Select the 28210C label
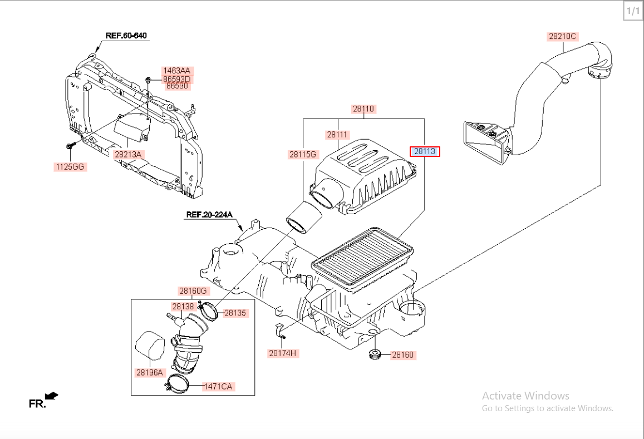pos(563,37)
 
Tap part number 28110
pos(363,109)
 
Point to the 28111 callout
pos(337,135)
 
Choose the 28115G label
pos(303,155)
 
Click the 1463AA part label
pos(176,71)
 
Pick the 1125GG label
pos(70,166)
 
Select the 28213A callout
pos(129,154)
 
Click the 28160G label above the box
pos(193,290)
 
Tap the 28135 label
pos(235,313)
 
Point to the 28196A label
pos(149,373)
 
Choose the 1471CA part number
pos(218,386)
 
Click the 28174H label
pos(283,353)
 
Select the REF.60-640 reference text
pos(126,36)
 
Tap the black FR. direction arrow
pos(51,396)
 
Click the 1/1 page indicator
pos(633,11)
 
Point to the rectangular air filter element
pos(362,259)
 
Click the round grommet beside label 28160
pos(376,354)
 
